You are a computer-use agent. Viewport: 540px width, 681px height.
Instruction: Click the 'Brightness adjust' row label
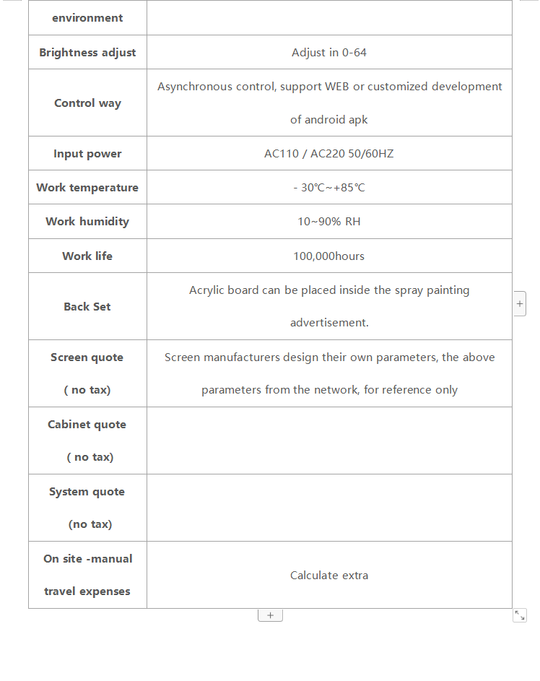87,53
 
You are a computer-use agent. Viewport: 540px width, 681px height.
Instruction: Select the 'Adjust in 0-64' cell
329,53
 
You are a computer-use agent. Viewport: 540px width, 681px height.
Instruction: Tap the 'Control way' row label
87,103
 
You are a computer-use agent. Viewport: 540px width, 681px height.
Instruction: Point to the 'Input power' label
87,154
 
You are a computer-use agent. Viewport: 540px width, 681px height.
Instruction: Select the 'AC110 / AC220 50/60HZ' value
329,154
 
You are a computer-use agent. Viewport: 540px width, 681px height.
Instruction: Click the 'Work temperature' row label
87,188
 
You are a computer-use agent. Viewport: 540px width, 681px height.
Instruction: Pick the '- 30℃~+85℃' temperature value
329,188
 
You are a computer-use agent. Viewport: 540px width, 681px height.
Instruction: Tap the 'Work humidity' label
87,222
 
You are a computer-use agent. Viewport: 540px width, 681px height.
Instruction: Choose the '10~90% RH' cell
329,222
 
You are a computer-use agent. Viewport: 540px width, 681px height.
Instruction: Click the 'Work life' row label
87,256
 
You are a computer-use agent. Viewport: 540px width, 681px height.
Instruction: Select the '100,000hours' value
329,256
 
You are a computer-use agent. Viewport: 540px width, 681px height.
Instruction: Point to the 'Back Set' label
87,307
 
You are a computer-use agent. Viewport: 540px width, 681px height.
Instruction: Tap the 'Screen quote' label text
87,357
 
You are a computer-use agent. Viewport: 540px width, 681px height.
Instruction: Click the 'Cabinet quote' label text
87,425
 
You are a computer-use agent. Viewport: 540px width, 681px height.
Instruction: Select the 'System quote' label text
87,492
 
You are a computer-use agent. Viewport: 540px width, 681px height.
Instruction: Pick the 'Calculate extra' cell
329,576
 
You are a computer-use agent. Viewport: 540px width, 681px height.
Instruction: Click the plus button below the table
270,615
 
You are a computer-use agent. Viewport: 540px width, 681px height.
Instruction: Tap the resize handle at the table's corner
520,615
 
